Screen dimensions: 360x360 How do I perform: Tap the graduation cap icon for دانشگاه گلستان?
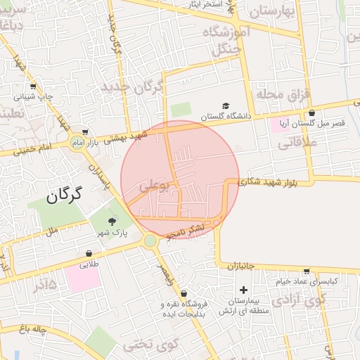tap(226, 105)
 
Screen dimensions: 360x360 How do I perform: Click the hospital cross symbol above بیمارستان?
tap(243, 290)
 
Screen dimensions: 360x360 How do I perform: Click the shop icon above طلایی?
tap(89, 254)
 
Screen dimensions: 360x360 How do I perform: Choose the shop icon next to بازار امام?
tap(85, 131)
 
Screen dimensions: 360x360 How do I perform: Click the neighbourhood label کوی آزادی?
tap(300, 301)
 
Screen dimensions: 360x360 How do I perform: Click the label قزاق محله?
tap(279, 94)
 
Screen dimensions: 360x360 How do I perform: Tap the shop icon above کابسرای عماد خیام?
tap(307, 271)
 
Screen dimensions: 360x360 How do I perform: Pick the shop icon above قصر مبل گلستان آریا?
tap(311, 112)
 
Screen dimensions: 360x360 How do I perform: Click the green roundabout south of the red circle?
tap(150, 241)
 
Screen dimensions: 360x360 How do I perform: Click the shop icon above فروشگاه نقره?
tap(184, 293)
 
